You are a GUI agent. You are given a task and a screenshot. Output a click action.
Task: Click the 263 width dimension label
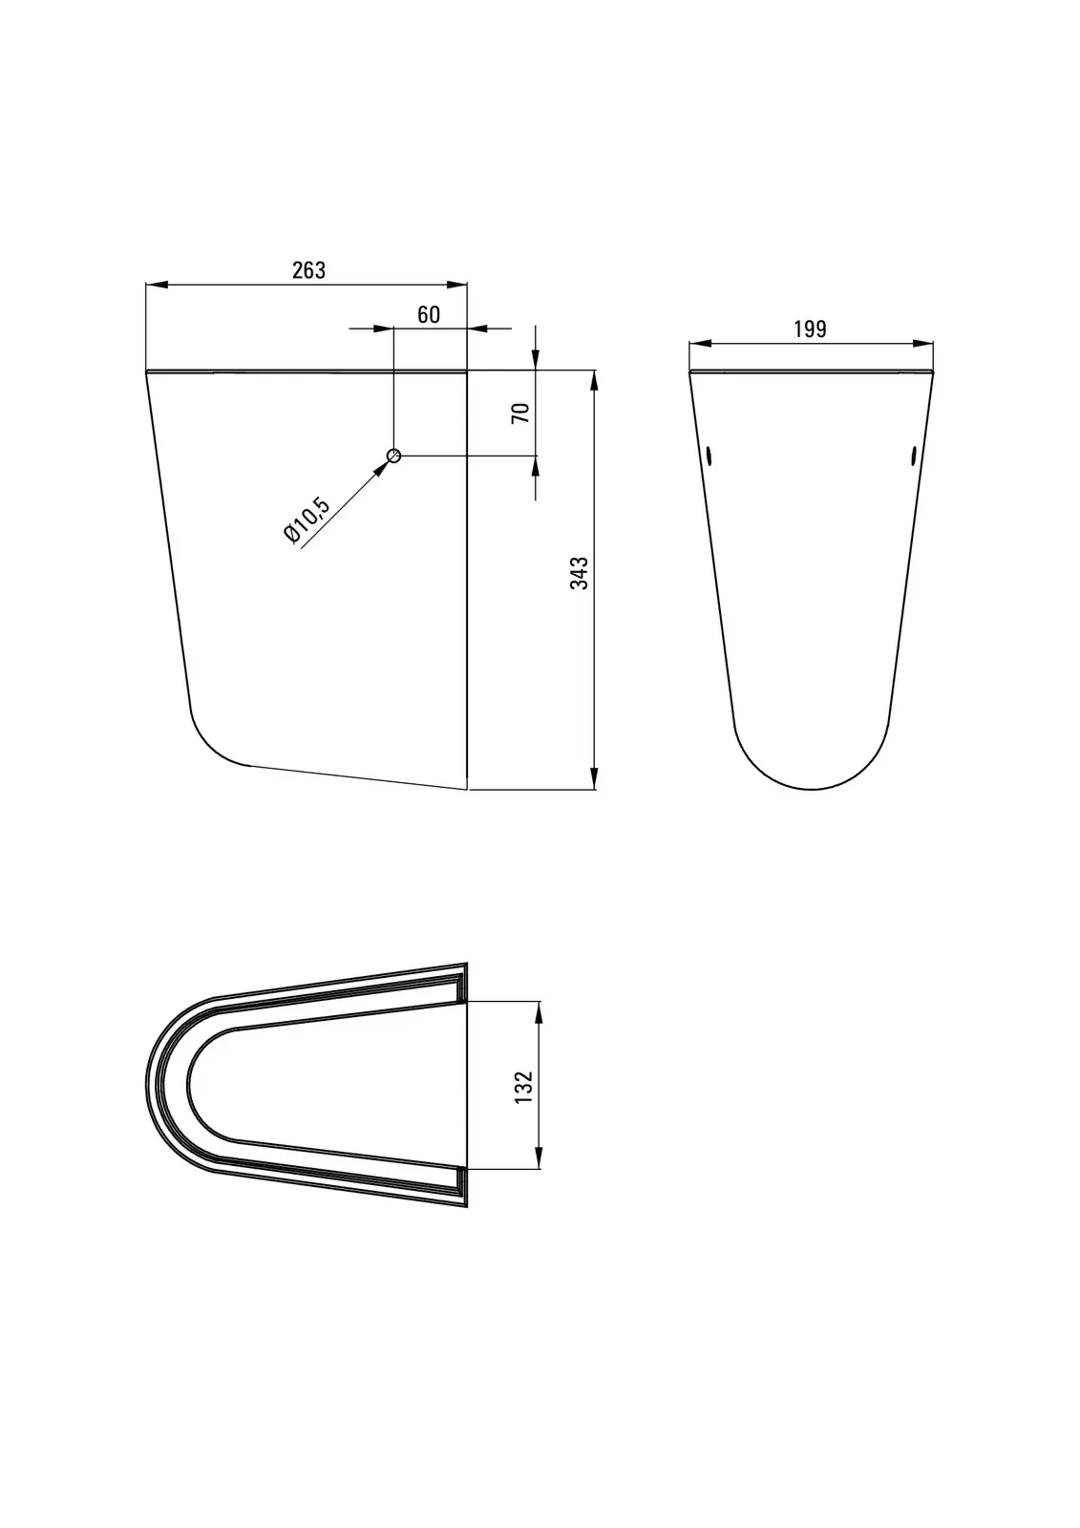coord(309,270)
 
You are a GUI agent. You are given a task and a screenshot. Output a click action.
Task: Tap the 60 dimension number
coord(429,314)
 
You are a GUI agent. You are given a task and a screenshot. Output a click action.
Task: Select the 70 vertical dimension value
coord(520,413)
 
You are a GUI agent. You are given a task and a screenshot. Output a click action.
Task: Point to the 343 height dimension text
coord(580,573)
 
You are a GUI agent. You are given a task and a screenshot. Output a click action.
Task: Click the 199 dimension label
coord(810,329)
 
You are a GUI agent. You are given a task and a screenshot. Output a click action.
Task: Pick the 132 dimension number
coord(523,1088)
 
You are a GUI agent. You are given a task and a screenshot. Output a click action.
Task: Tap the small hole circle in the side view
coord(393,455)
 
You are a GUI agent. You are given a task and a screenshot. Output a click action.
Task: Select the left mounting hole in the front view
coord(709,455)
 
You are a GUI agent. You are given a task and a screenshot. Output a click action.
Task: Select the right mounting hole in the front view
coord(914,455)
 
